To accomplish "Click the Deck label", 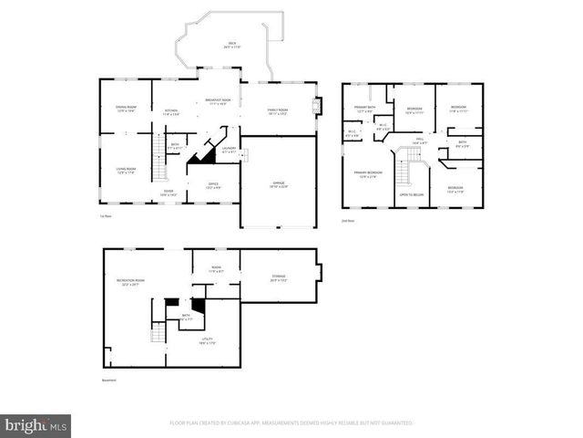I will point(232,44).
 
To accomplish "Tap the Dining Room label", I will point(126,109).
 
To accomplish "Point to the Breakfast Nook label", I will point(218,101).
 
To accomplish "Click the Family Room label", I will point(278,111).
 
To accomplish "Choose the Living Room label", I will point(126,170).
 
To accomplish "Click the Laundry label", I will point(229,150).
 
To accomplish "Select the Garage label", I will point(278,184).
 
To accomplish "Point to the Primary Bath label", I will point(365,109).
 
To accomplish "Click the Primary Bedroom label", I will point(368,174).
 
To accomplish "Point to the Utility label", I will point(208,340).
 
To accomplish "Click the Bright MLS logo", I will point(36,426).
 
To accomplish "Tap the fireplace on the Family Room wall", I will point(317,106).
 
